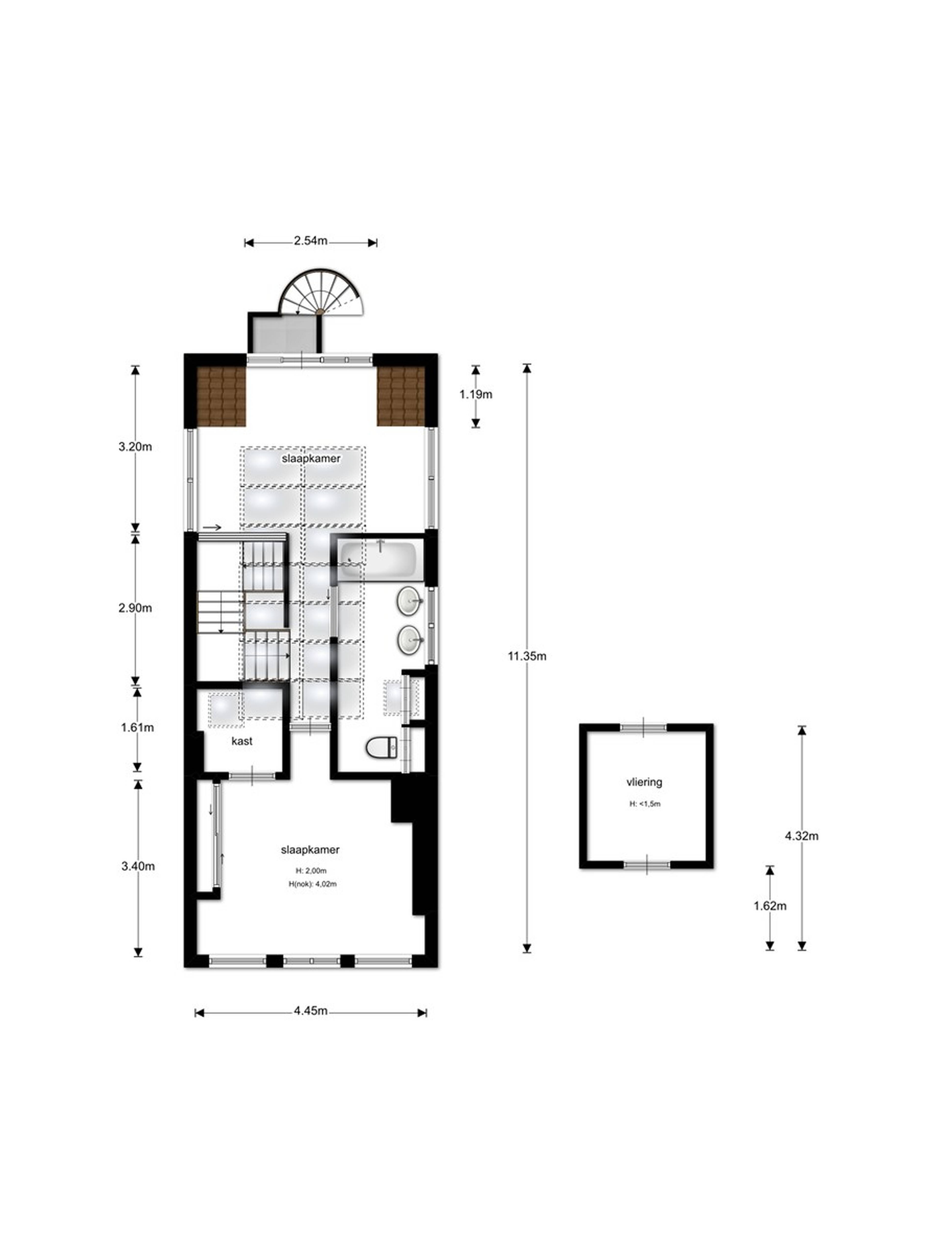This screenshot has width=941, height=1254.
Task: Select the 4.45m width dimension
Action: click(310, 1011)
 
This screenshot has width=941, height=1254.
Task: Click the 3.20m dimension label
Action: click(135, 447)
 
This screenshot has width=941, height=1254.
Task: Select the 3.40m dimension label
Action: click(138, 866)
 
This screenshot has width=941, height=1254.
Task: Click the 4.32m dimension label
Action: click(802, 836)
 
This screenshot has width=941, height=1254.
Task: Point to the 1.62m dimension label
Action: click(770, 906)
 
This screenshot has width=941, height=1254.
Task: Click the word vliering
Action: click(644, 782)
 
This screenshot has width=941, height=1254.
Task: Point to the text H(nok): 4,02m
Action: click(312, 884)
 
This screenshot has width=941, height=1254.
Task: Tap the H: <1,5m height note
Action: click(645, 804)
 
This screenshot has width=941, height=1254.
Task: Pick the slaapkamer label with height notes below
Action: click(310, 850)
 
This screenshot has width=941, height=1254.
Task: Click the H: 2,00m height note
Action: click(311, 871)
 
